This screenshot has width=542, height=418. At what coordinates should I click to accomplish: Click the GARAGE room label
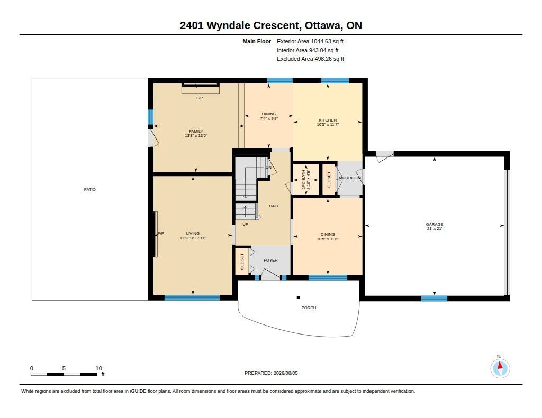434,224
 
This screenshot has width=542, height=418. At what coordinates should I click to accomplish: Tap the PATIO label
89,189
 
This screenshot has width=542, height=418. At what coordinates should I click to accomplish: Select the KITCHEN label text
327,120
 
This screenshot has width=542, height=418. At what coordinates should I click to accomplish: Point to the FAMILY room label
196,131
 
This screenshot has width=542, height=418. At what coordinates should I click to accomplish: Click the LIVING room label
193,233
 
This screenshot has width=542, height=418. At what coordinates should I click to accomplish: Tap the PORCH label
309,308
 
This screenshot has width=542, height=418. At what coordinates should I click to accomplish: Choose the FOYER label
270,260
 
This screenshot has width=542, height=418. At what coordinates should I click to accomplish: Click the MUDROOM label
350,178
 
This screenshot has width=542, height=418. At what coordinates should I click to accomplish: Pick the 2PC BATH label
304,179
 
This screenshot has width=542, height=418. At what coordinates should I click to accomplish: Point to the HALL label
274,206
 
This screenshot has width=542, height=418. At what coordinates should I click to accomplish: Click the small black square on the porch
299,298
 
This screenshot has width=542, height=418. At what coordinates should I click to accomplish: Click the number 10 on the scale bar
99,368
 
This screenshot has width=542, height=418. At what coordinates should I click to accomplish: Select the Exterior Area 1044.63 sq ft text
310,41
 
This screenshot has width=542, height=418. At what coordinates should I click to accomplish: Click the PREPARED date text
271,373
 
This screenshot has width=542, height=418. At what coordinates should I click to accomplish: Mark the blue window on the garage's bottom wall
434,298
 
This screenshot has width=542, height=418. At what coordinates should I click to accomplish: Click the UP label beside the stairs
245,225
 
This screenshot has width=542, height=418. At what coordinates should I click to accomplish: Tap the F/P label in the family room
200,98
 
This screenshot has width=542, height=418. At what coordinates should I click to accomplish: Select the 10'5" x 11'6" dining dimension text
327,239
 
